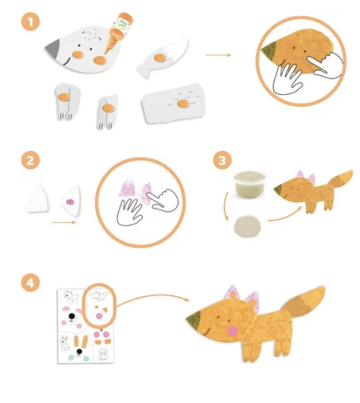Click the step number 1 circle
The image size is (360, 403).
pos(30,22)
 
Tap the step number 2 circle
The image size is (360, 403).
pos(30,161)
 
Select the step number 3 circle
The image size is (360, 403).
pos(222,161)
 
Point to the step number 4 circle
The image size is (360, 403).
pos(30,283)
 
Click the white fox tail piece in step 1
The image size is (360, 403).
pos(163,57)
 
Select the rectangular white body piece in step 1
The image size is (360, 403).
pos(173,103)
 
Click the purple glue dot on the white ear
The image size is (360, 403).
pos(71,202)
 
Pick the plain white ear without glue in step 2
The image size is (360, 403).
pos(38,199)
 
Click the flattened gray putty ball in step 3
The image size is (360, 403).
pos(247,227)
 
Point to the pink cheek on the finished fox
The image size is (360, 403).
pos(233,331)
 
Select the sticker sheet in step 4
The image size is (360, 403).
pos(86,326)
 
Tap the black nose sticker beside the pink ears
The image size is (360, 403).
pos(72,316)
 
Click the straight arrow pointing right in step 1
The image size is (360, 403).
pos(219,55)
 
